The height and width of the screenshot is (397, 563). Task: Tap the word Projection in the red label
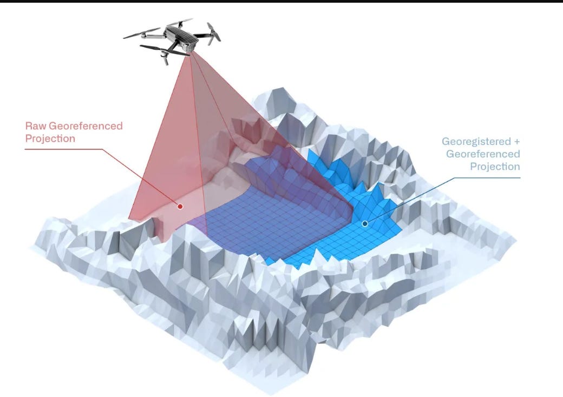click(50, 138)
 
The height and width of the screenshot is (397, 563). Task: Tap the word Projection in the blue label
click(494, 167)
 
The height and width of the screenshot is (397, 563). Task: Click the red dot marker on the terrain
click(180, 206)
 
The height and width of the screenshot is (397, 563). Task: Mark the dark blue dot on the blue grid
click(365, 223)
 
